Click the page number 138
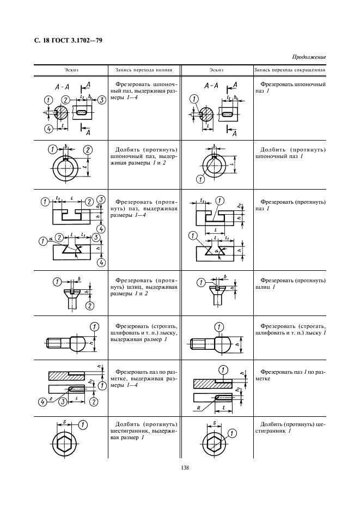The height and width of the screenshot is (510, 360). click(x=180, y=466)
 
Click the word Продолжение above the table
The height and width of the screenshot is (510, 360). click(x=309, y=56)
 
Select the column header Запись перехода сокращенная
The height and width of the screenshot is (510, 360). click(x=290, y=70)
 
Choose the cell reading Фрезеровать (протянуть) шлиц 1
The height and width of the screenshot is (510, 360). click(x=290, y=283)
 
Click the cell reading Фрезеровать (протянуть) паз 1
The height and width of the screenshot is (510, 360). click(x=290, y=204)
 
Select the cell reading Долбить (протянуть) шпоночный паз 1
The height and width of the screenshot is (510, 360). click(x=290, y=152)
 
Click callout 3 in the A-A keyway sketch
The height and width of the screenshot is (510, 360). click(x=101, y=100)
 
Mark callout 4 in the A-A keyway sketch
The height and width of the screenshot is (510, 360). click(x=48, y=129)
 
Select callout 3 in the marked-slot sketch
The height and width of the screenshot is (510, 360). click(x=63, y=402)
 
